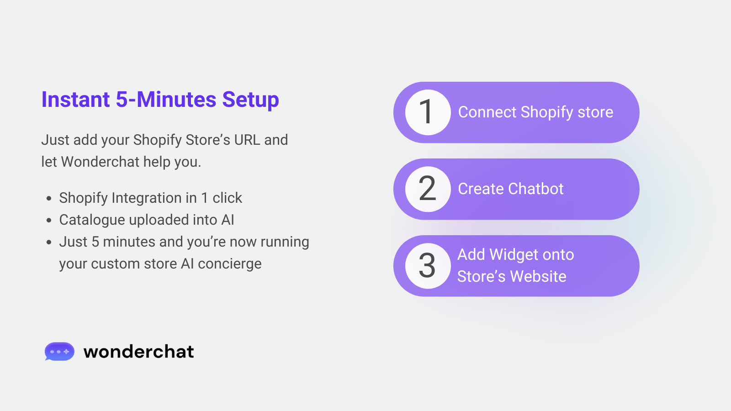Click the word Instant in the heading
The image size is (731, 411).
tap(75, 99)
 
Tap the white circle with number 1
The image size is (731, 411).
tap(428, 112)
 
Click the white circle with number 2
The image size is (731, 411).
tap(428, 189)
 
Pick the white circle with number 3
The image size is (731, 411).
tap(428, 266)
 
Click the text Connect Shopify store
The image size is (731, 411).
tap(535, 112)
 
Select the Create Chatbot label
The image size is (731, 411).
tap(511, 189)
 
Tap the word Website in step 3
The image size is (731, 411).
tap(538, 276)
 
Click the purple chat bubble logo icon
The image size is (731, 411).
tap(59, 351)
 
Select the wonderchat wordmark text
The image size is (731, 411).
tap(139, 352)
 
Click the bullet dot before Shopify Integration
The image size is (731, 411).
tap(49, 198)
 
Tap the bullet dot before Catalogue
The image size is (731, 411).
tap(49, 220)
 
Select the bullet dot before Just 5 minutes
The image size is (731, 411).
tap(49, 242)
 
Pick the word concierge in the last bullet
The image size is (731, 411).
tap(230, 264)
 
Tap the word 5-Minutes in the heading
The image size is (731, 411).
tap(166, 99)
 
